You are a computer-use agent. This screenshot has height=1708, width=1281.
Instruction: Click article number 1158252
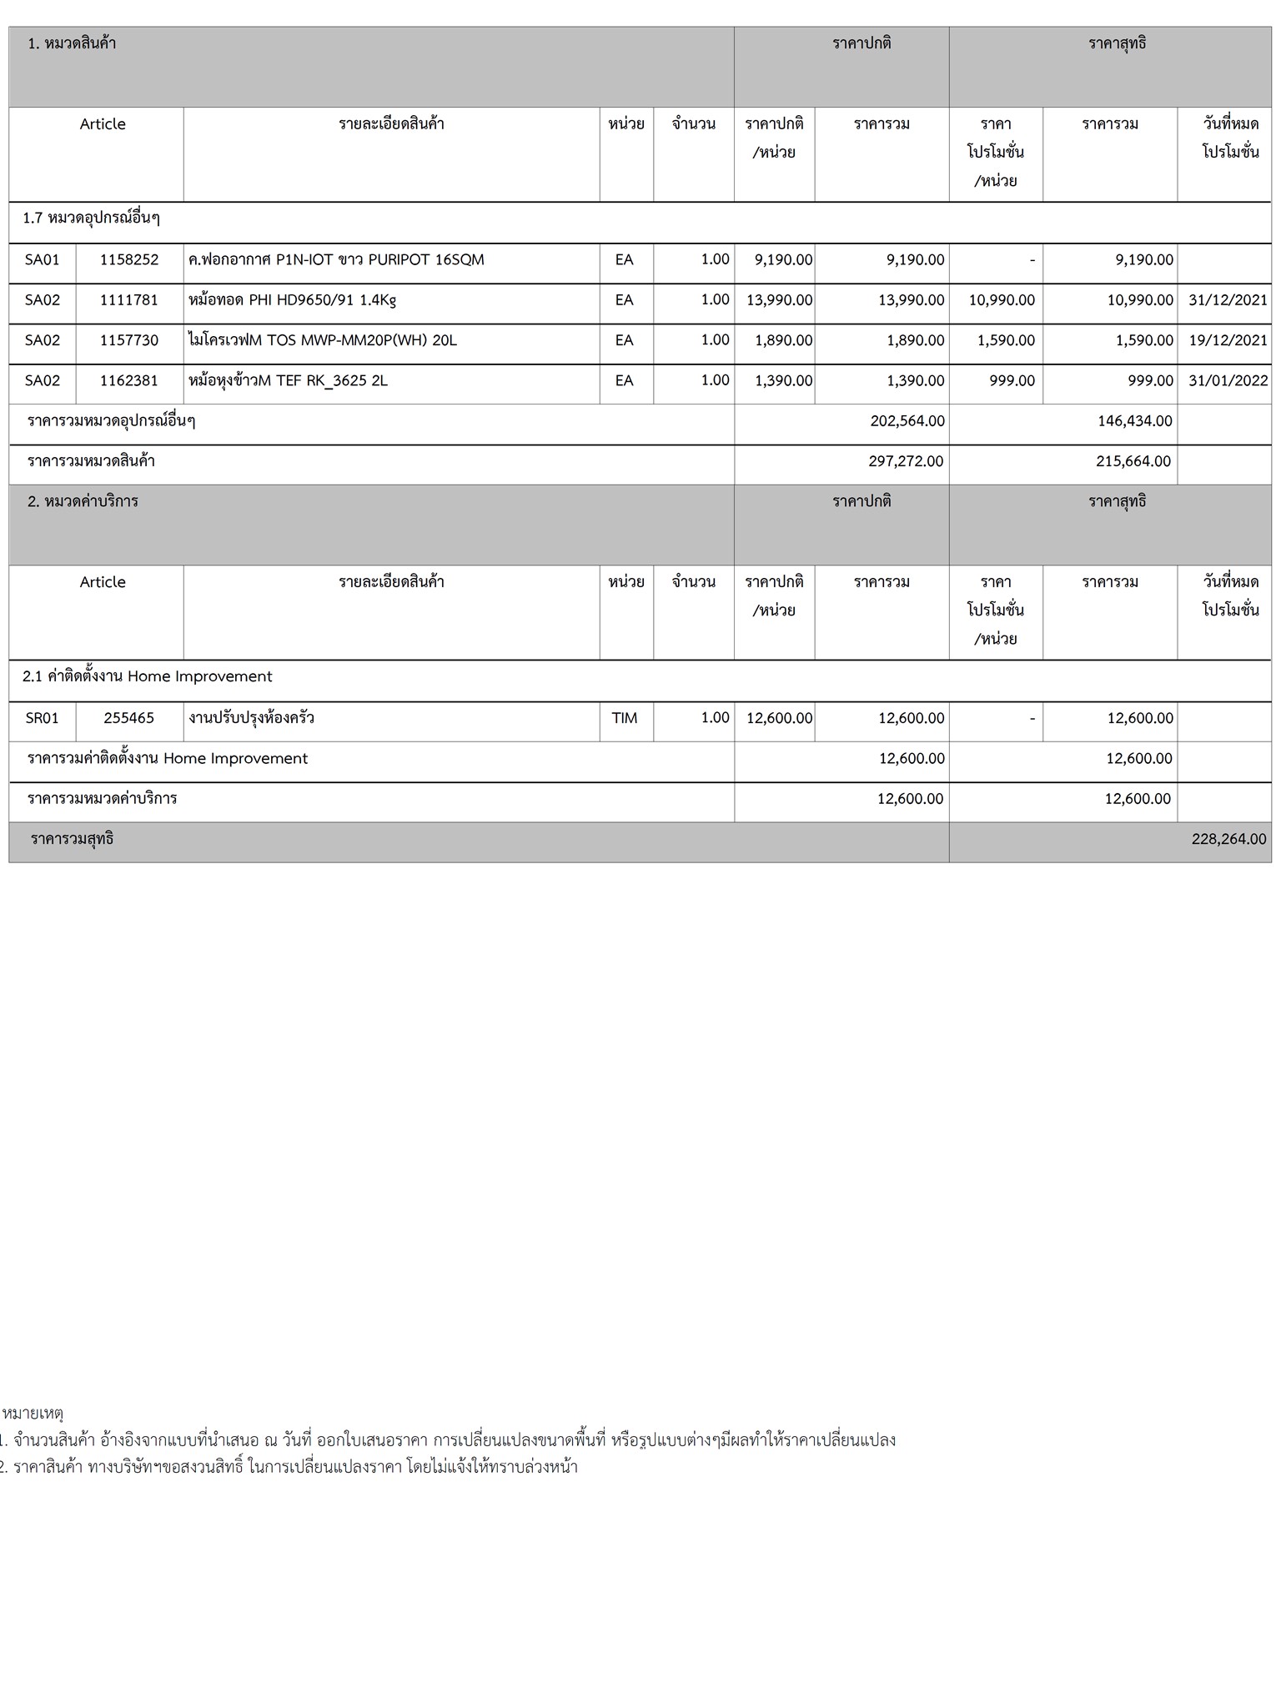point(129,260)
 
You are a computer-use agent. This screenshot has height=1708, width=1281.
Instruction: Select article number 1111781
point(129,300)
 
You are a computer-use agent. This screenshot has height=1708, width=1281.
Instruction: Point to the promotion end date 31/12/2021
point(1228,300)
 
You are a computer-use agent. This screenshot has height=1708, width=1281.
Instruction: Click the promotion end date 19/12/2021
point(1228,340)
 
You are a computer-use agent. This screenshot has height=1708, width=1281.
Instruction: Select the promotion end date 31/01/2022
point(1228,381)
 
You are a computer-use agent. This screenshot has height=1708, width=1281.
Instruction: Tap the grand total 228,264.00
point(1228,839)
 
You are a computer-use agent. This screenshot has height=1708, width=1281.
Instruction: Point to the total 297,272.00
point(906,461)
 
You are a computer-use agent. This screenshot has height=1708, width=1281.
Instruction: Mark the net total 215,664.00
point(1133,461)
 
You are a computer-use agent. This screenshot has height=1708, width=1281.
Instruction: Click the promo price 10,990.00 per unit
point(1002,300)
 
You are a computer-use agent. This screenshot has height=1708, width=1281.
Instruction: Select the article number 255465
point(129,718)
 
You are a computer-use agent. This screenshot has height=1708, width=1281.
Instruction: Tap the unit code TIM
point(625,718)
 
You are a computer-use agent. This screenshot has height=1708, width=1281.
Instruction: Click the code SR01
point(43,718)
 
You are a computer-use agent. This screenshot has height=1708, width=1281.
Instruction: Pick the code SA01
point(43,260)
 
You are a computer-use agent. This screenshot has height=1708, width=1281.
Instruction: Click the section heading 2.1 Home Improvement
point(148,677)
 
